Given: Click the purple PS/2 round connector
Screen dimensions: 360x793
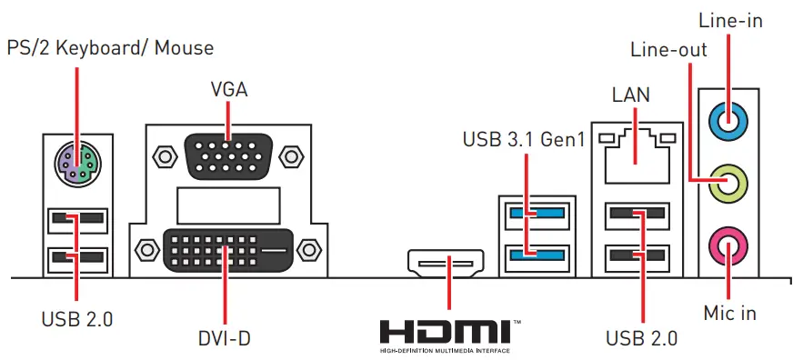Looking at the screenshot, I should point(76,164).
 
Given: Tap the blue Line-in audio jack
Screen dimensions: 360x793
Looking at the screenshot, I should point(729,117).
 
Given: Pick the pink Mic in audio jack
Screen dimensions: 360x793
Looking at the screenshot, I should point(729,242).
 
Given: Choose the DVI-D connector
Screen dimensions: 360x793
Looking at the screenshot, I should point(228,247).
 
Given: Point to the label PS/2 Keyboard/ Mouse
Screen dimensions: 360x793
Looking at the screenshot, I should point(110,46).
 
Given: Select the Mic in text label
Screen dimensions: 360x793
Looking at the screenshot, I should point(730,313).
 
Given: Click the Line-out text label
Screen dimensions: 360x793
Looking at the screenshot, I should point(668,49).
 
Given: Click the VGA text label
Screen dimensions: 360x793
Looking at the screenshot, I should point(228,90).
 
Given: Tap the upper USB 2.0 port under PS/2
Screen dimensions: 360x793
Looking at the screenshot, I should point(76,219).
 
